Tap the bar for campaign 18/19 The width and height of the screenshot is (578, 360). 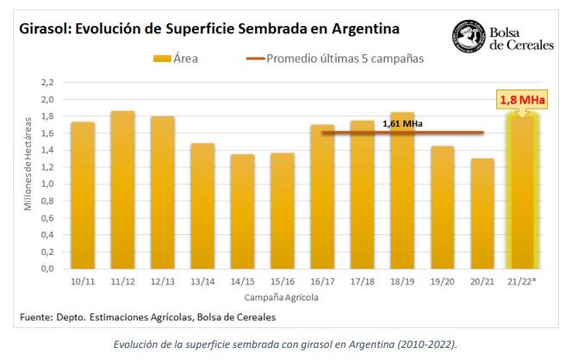point(402,190)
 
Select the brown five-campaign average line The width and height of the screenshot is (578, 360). point(362,133)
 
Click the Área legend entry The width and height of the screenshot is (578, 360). point(177,58)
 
